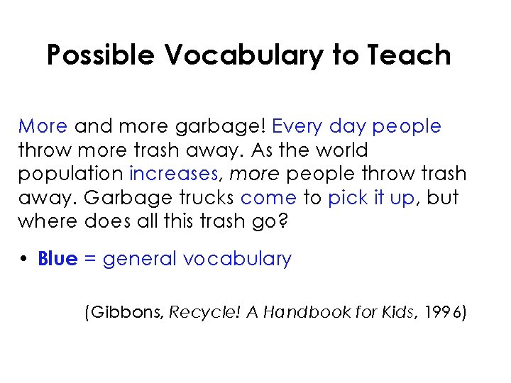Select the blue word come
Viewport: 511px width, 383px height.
268,197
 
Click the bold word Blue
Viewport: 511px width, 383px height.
57,259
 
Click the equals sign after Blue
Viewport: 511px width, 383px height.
90,260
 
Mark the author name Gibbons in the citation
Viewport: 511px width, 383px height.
126,313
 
